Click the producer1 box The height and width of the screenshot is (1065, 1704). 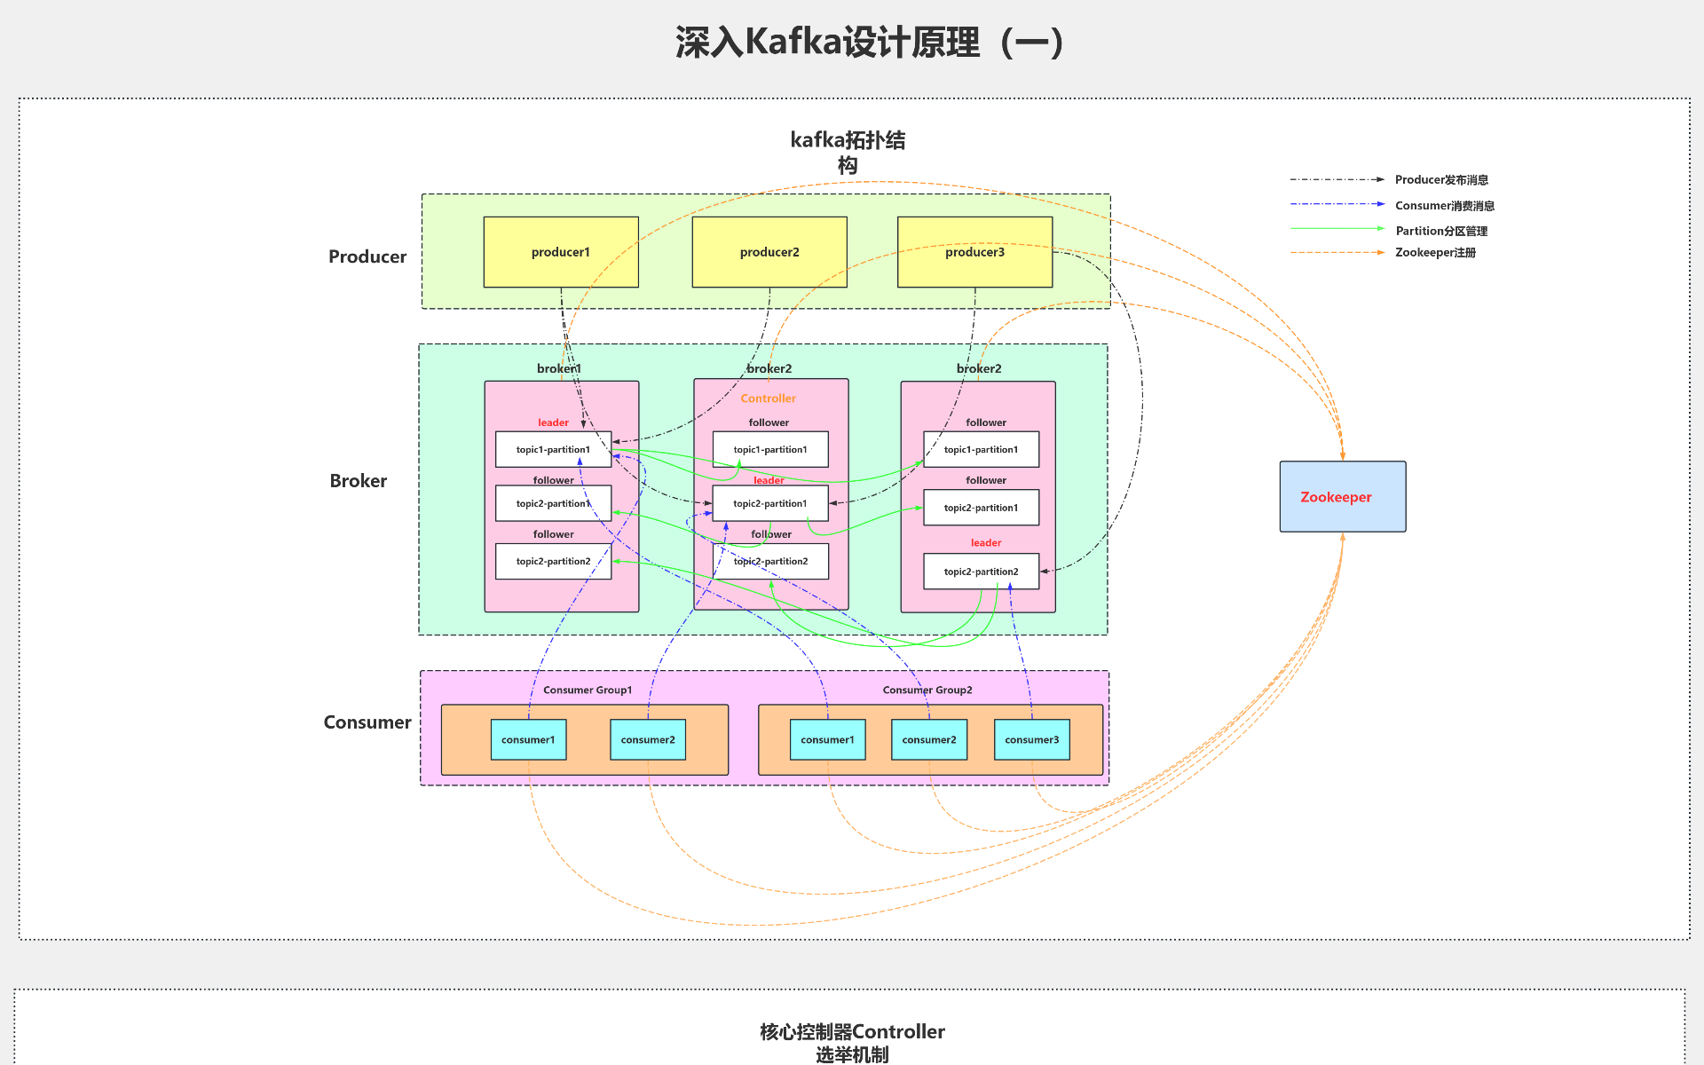pyautogui.click(x=561, y=252)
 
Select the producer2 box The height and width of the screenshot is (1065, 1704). pyautogui.click(x=769, y=252)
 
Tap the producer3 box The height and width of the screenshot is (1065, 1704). pyautogui.click(x=974, y=252)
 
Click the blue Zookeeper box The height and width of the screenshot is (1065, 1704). pyautogui.click(x=1342, y=497)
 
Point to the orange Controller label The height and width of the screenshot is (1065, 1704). pyautogui.click(x=769, y=398)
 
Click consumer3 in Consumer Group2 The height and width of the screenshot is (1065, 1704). pyautogui.click(x=1031, y=739)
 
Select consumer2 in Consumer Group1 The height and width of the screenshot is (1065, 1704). pyautogui.click(x=648, y=739)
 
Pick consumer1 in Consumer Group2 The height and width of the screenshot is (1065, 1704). pyautogui.click(x=827, y=739)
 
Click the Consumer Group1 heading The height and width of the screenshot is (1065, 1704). pyautogui.click(x=588, y=690)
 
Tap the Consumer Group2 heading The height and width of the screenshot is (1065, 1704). pyautogui.click(x=927, y=690)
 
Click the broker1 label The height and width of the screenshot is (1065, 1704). pyautogui.click(x=559, y=368)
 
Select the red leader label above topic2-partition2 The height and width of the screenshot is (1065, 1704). pyautogui.click(x=985, y=542)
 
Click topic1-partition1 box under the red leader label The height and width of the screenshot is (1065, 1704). pyautogui.click(x=553, y=449)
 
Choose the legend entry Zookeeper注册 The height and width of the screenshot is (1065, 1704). pyautogui.click(x=1435, y=253)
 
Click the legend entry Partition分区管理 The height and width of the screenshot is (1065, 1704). pyautogui.click(x=1441, y=231)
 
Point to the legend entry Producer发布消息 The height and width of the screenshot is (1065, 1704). pyautogui.click(x=1441, y=180)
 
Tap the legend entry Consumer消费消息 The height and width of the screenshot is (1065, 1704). pyautogui.click(x=1444, y=206)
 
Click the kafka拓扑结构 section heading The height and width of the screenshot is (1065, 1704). pyautogui.click(x=848, y=152)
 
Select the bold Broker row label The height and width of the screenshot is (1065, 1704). pyautogui.click(x=359, y=481)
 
